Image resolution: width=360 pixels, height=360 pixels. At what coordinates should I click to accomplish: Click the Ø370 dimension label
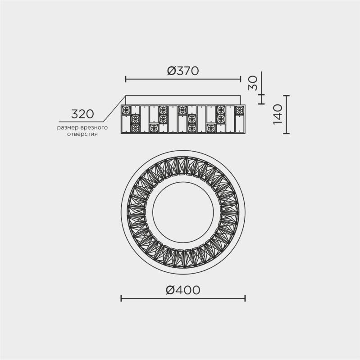183,71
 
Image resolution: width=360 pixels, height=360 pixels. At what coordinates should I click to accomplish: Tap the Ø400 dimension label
183,290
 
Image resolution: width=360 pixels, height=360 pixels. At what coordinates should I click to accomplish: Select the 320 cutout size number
82,114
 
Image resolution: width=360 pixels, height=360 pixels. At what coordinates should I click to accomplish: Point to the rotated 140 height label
278,114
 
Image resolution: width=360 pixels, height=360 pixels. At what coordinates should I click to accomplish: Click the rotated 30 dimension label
253,83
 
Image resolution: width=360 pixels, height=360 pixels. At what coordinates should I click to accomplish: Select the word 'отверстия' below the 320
82,134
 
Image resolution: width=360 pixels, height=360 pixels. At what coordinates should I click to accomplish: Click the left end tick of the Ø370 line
126,79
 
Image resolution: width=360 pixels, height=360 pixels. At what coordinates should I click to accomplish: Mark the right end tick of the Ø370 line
241,79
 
